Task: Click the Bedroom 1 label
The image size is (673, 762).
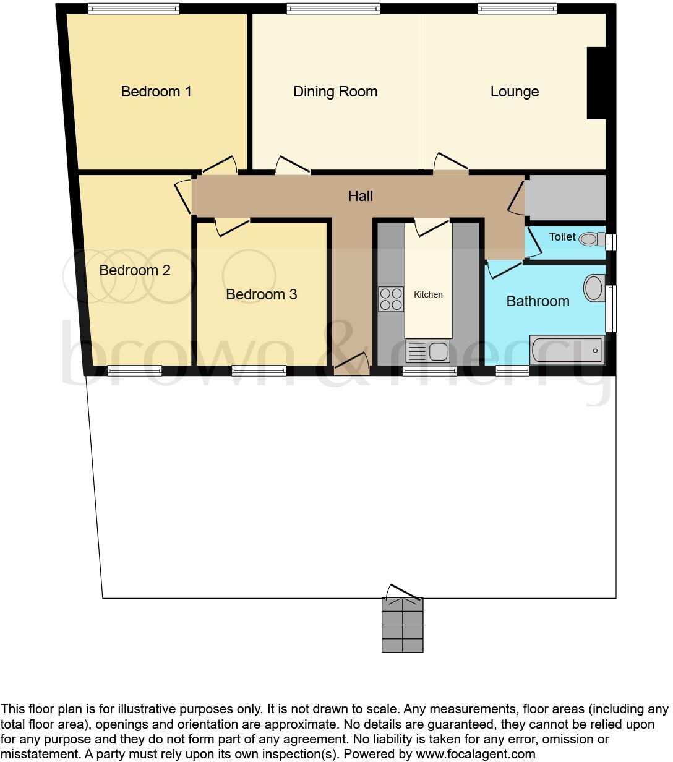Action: click(156, 92)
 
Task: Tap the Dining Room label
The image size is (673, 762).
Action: click(335, 92)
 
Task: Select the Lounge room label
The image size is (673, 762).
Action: click(514, 92)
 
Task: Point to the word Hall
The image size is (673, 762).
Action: click(360, 196)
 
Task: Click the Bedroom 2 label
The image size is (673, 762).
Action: click(134, 270)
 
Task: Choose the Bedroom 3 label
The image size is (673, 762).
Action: click(261, 294)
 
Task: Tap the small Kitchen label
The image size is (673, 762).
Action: click(428, 294)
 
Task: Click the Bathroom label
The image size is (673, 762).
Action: click(538, 301)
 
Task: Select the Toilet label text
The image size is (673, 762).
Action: click(562, 237)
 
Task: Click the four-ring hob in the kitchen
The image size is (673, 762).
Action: click(390, 299)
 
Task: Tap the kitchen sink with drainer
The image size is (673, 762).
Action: click(427, 352)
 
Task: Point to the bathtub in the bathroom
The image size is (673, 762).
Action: click(567, 351)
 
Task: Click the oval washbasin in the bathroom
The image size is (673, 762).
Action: click(594, 288)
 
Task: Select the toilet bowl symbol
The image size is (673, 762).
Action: click(591, 239)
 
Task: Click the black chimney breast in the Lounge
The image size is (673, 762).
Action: click(596, 83)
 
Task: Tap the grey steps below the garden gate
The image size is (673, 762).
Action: click(402, 625)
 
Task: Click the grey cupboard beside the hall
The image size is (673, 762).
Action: click(566, 198)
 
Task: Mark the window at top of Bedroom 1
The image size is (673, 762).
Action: click(134, 8)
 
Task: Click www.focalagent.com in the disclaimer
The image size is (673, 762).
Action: click(474, 754)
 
